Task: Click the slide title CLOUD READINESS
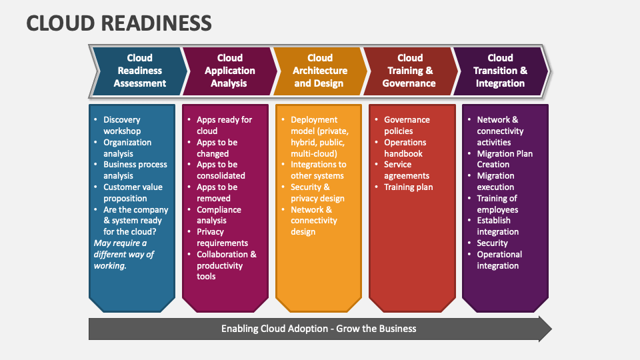119,23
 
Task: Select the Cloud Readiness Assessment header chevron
139,71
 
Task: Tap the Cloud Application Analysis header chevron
229,71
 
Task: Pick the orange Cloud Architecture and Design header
320,71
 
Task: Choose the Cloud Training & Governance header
409,71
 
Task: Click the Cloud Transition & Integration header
500,71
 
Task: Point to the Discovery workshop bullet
121,125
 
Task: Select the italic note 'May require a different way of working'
123,254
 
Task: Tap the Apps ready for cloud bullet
223,125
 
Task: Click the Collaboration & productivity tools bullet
225,265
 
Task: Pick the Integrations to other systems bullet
318,170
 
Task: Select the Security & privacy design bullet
317,193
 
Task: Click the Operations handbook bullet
405,148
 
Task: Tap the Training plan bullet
408,187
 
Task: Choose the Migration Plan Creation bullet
504,159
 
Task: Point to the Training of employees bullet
497,203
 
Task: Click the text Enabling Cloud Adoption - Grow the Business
319,328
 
